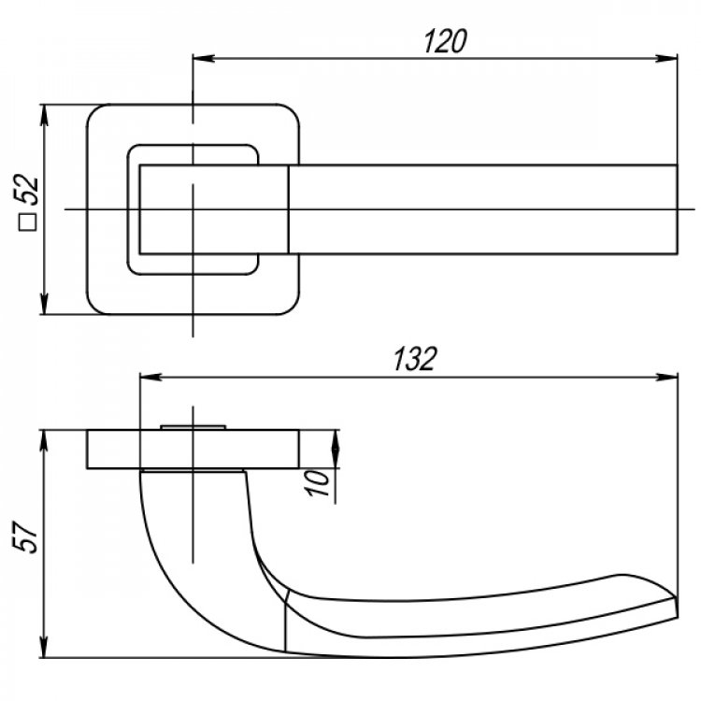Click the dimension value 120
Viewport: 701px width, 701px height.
tap(445, 41)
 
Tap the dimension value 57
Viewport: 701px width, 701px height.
tap(25, 536)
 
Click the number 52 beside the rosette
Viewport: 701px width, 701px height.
tap(26, 190)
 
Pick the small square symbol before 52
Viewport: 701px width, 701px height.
tap(27, 222)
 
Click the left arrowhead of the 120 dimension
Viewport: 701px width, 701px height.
tap(204, 59)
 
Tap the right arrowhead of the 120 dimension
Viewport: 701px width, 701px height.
tap(666, 59)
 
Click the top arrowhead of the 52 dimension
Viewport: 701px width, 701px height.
tap(44, 116)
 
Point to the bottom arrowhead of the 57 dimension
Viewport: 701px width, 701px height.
tap(44, 647)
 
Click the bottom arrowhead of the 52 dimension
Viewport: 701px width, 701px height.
tap(44, 304)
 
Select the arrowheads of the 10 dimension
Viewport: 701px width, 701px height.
tap(336, 450)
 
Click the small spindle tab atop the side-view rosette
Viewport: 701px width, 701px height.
tap(193, 428)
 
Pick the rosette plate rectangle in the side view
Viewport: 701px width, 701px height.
tap(193, 450)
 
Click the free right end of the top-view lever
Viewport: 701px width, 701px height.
tap(678, 209)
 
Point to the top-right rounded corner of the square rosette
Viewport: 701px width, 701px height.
tap(292, 112)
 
